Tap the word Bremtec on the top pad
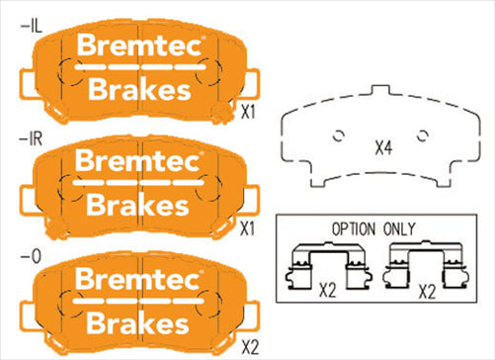[139, 45]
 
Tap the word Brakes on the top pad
[139, 89]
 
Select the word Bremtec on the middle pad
[139, 161]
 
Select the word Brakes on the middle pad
[139, 206]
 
